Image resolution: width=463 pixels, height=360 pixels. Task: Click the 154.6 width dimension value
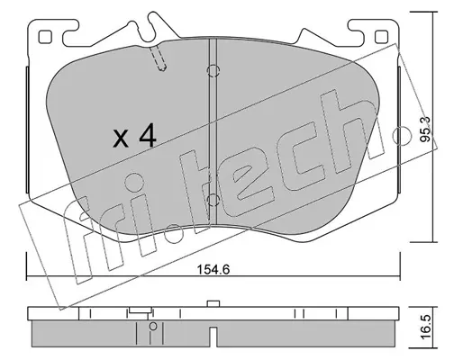213,269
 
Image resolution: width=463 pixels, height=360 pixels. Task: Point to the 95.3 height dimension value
425,129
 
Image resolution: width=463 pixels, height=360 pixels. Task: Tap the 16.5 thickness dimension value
425,328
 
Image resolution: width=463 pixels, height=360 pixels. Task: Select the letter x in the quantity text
121,139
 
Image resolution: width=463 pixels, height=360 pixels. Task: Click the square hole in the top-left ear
45,37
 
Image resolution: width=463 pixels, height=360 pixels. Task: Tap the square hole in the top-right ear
381,37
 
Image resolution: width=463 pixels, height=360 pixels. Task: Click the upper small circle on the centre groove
213,71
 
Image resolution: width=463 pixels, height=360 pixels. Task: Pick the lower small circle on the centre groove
213,200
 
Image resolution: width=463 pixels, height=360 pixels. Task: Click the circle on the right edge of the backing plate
402,136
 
